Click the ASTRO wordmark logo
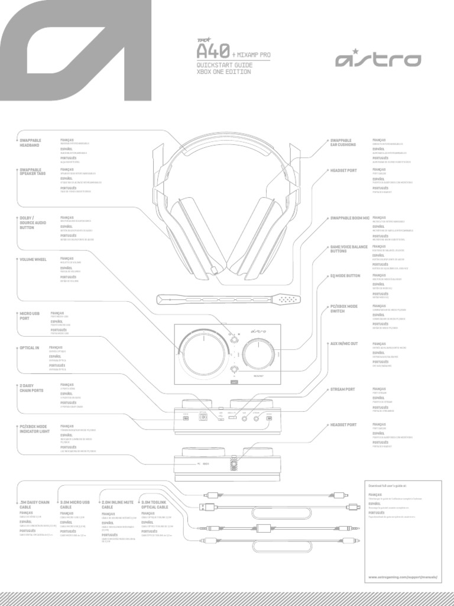[x=378, y=60]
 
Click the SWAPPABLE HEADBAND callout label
[x=30, y=143]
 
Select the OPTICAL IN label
[x=29, y=347]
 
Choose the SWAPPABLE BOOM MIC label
[x=349, y=218]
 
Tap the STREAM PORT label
[x=342, y=389]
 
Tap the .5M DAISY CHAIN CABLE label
[x=34, y=505]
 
